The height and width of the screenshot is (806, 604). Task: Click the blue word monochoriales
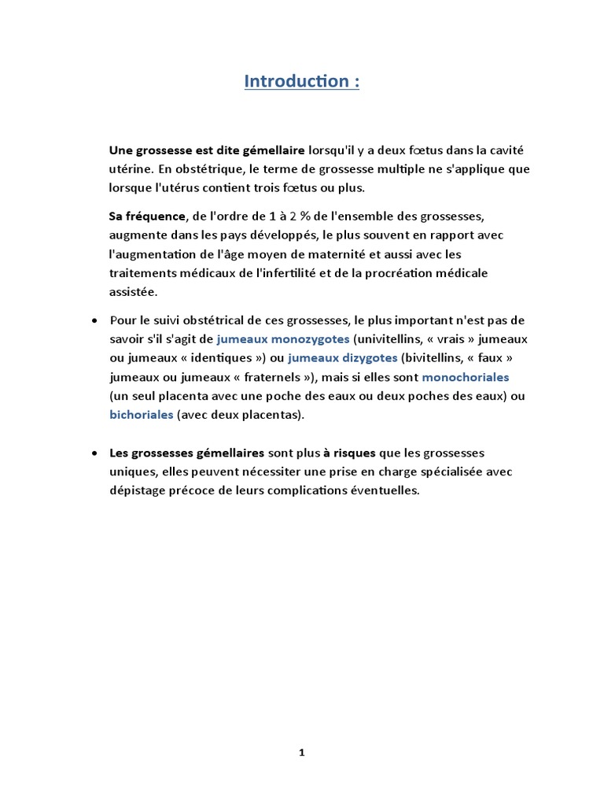tap(466, 376)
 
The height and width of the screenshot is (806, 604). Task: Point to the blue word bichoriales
tap(141, 414)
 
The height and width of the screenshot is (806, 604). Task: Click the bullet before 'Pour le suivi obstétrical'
tap(94, 320)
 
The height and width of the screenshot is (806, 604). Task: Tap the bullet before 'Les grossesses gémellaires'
tap(94, 453)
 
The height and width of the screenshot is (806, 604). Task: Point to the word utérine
tap(130, 168)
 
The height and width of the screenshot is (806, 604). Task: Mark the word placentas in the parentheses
tap(271, 414)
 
